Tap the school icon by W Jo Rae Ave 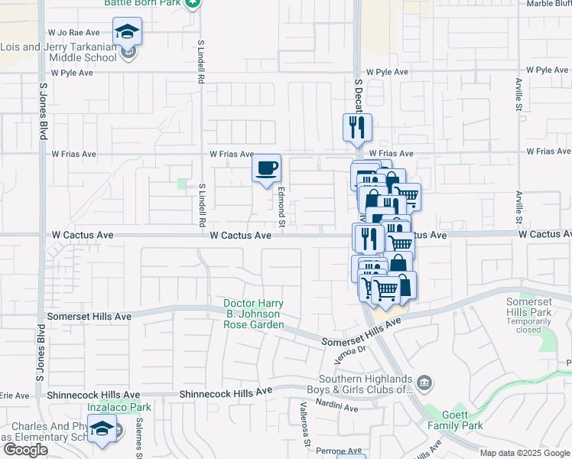(x=128, y=31)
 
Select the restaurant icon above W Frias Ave (x=357, y=127)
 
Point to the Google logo (x=25, y=450)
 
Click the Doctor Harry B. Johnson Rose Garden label (x=252, y=314)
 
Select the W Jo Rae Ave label (x=74, y=33)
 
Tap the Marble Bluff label (x=548, y=4)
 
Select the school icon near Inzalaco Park (x=101, y=431)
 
